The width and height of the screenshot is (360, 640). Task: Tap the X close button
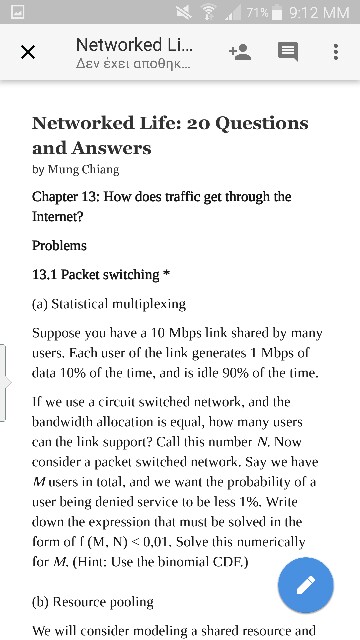pyautogui.click(x=28, y=52)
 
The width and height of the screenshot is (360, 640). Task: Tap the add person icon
pyautogui.click(x=239, y=52)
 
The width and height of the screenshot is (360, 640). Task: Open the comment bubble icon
pyautogui.click(x=288, y=52)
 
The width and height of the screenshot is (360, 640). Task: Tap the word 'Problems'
pyautogui.click(x=59, y=245)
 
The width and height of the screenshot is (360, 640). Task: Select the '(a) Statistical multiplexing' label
pyautogui.click(x=109, y=302)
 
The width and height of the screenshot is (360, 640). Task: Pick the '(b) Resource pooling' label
pyautogui.click(x=93, y=602)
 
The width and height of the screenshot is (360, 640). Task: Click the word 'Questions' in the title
pyautogui.click(x=253, y=123)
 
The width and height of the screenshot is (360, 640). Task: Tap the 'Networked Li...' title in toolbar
pyautogui.click(x=133, y=45)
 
